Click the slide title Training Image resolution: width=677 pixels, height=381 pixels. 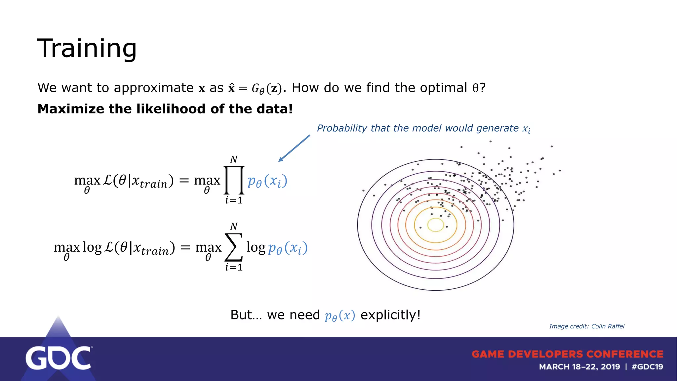point(87,48)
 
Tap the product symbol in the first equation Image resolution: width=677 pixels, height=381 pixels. point(234,180)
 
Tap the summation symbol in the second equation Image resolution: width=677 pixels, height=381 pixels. point(234,247)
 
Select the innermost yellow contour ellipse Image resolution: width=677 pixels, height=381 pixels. point(435,225)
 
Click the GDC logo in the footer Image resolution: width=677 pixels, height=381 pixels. point(59,358)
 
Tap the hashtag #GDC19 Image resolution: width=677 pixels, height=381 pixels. point(647,367)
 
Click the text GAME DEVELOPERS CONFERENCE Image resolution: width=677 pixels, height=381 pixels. point(567,354)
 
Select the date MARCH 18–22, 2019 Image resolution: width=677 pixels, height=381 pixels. point(579,367)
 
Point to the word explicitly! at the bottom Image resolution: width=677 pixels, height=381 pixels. point(390,315)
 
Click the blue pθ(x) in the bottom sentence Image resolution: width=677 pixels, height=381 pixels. point(340,316)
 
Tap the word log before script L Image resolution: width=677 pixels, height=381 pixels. point(92,247)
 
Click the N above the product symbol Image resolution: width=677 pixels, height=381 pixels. point(234,159)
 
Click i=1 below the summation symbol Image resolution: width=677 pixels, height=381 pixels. point(234,267)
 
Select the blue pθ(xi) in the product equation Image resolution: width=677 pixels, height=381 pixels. point(267,181)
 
